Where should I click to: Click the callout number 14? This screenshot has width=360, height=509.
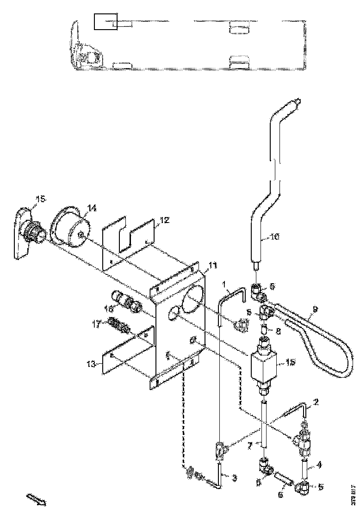click(x=92, y=209)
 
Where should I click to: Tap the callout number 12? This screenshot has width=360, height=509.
click(x=165, y=220)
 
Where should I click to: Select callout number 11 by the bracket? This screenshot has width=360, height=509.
click(x=212, y=265)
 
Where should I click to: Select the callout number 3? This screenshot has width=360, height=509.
click(x=234, y=477)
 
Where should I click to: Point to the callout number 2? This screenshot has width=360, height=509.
click(x=316, y=402)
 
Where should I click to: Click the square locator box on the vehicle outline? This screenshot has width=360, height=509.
click(x=106, y=21)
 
